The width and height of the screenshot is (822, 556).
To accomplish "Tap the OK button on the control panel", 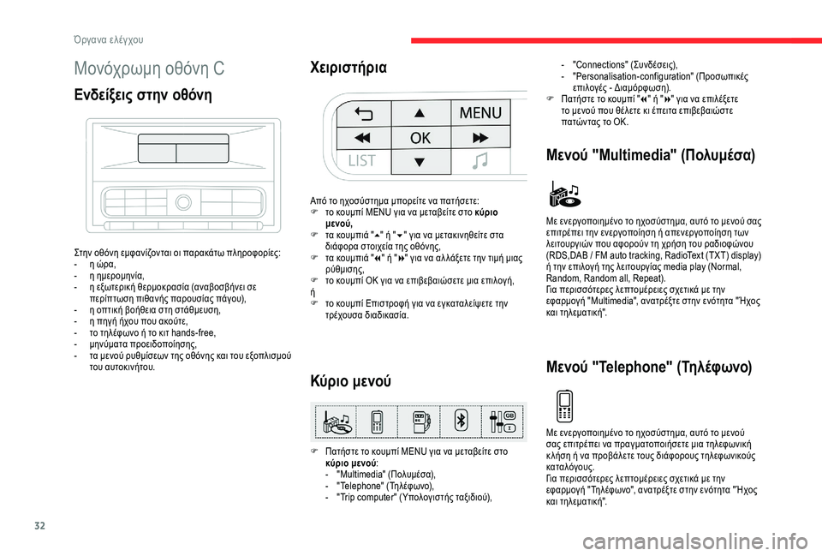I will point(420,138).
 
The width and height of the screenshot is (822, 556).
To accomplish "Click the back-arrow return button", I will point(361,112).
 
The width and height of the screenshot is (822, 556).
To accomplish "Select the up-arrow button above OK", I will point(420,112).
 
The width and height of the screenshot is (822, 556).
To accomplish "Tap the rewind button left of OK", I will point(361,138).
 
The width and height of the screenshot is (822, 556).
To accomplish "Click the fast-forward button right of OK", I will point(479,138).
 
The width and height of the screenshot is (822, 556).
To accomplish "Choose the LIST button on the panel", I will point(361,161).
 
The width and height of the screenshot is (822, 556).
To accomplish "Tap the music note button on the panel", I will point(479,161).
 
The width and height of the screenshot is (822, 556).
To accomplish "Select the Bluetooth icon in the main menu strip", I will point(460,421).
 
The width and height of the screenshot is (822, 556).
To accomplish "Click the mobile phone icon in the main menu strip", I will point(376,421).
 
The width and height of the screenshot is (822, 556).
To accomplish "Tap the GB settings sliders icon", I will point(501,421).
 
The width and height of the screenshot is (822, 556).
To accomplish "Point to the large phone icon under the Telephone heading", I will point(563,405).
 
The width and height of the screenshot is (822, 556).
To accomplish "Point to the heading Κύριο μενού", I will point(353,380).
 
